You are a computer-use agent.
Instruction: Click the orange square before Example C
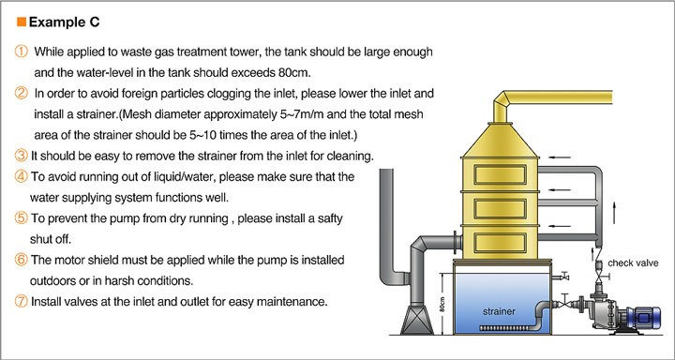click(x=21, y=22)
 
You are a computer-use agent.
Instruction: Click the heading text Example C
click(x=64, y=22)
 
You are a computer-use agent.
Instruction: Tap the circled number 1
click(x=21, y=52)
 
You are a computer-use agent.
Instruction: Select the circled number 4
click(x=21, y=176)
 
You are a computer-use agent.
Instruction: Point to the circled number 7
click(x=21, y=302)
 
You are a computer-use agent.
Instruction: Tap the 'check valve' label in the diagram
click(x=633, y=262)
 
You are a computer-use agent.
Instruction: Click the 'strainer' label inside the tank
click(x=499, y=311)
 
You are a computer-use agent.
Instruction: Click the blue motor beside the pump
click(x=642, y=318)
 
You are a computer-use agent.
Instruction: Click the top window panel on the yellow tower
click(x=500, y=174)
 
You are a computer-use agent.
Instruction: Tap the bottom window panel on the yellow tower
click(x=500, y=243)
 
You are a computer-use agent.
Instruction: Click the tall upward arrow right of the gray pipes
click(x=614, y=212)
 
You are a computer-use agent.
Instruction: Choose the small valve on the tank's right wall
click(x=561, y=277)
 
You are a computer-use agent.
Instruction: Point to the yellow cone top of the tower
click(x=500, y=141)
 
